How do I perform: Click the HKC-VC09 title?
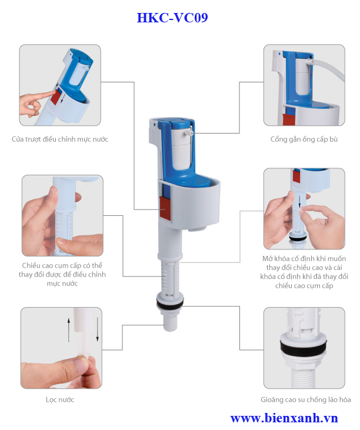(172, 18)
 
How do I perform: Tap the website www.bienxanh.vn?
(284, 418)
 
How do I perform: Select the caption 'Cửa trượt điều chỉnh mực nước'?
(60, 139)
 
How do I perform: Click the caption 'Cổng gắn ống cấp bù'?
(304, 139)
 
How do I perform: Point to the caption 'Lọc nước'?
(60, 399)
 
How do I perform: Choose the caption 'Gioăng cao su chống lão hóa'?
(306, 399)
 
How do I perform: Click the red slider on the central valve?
(165, 208)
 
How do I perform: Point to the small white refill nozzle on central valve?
(189, 133)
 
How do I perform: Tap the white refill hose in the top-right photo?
(329, 68)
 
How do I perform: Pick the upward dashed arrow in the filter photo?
(69, 330)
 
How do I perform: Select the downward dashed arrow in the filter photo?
(97, 329)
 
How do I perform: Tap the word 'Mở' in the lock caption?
(268, 259)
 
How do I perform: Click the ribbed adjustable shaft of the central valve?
(170, 277)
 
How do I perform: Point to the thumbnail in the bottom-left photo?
(82, 366)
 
